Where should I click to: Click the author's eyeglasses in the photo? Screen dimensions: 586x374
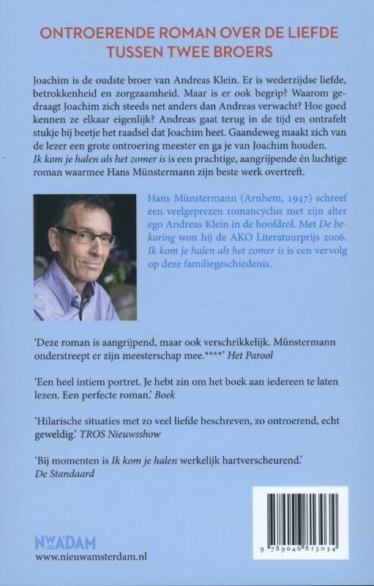pos(86,234)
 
